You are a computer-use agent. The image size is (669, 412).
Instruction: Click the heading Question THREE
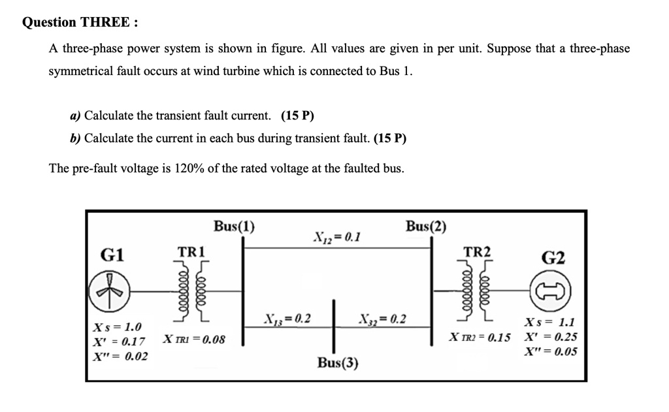(80, 22)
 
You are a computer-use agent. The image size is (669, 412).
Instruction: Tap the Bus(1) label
(234, 227)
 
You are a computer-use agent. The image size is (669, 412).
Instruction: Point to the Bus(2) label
(426, 227)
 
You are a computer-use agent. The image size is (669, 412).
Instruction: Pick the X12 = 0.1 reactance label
(338, 236)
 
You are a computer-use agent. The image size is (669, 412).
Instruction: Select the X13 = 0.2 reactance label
(287, 319)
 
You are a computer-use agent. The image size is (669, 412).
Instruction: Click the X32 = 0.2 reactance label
(382, 319)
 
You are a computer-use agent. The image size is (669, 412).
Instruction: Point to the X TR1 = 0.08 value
(193, 340)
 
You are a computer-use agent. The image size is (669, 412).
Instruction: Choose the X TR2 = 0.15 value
(480, 338)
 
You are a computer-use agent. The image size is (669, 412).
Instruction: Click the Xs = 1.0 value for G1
(118, 326)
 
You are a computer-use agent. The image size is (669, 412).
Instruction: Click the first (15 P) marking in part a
(297, 116)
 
